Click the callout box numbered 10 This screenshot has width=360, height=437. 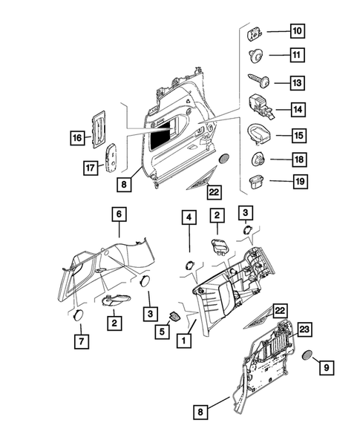(x=297, y=31)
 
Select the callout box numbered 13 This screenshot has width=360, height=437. (x=297, y=82)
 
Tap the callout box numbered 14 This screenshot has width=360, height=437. (x=297, y=109)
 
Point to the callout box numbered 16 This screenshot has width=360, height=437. (x=76, y=137)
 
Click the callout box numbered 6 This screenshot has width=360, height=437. (x=117, y=214)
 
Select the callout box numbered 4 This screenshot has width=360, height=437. (x=189, y=217)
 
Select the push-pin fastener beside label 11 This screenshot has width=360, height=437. (x=255, y=54)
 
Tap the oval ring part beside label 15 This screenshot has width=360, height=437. (x=255, y=134)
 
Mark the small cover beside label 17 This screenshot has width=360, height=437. (x=111, y=156)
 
